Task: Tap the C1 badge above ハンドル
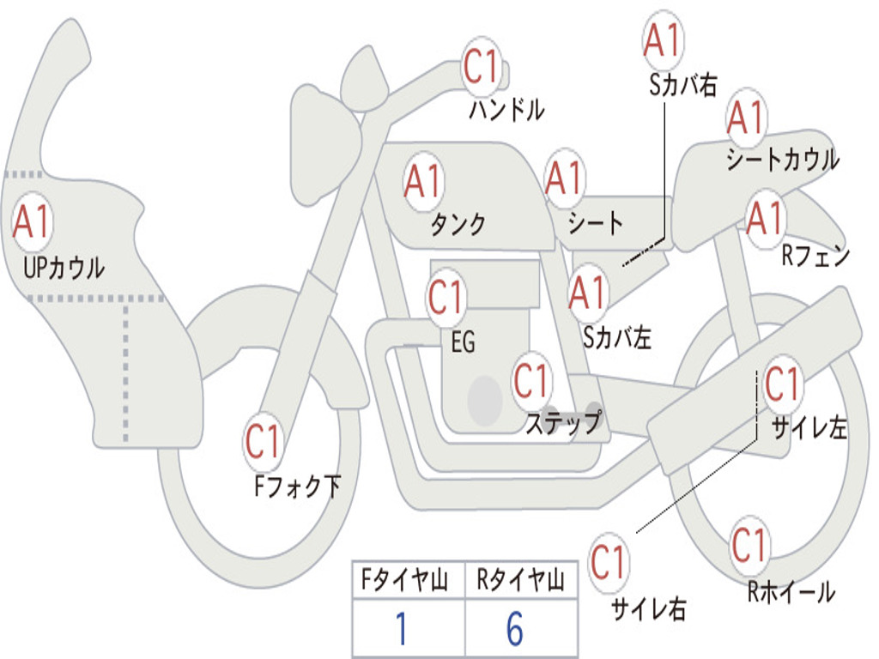(x=481, y=67)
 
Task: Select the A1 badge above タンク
(x=423, y=182)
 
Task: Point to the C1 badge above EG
(x=446, y=297)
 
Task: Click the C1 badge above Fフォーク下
(x=263, y=441)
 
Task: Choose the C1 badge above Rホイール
(x=749, y=545)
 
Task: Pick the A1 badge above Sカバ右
(x=663, y=40)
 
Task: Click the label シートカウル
(x=783, y=159)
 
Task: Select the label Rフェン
(x=815, y=257)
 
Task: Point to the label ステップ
(x=563, y=422)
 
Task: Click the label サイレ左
(x=809, y=428)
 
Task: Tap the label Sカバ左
(x=616, y=337)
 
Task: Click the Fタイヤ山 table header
(x=405, y=580)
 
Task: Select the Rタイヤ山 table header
(x=521, y=580)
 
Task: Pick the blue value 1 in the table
(x=402, y=629)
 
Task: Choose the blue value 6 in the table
(x=515, y=629)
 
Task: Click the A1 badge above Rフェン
(x=765, y=217)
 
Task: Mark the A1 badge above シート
(x=565, y=178)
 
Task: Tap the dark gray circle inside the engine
(x=485, y=400)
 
